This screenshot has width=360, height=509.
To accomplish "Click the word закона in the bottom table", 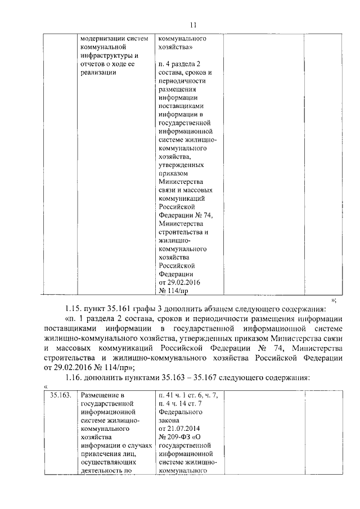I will [x=169, y=420].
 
